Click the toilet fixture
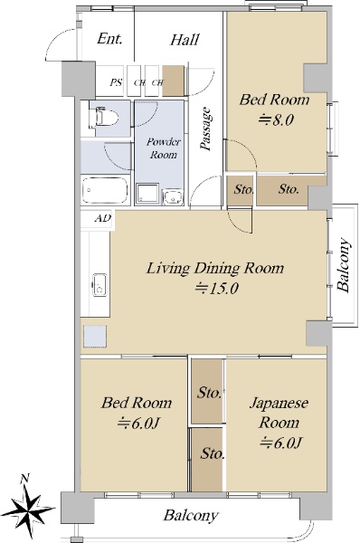click(x=105, y=118)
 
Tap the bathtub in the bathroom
click(x=105, y=191)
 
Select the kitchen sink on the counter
click(x=99, y=285)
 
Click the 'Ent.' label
click(x=109, y=38)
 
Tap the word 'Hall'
click(x=185, y=40)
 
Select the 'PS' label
click(x=116, y=82)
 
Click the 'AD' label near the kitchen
click(x=103, y=218)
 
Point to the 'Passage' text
click(x=205, y=129)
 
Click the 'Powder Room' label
click(x=163, y=148)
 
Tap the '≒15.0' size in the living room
click(x=216, y=288)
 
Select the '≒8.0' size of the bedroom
click(x=277, y=119)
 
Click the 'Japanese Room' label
click(x=279, y=413)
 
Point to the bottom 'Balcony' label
click(x=191, y=516)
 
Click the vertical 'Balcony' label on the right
click(x=344, y=264)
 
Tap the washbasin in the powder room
click(x=173, y=197)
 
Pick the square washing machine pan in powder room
click(x=147, y=194)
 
